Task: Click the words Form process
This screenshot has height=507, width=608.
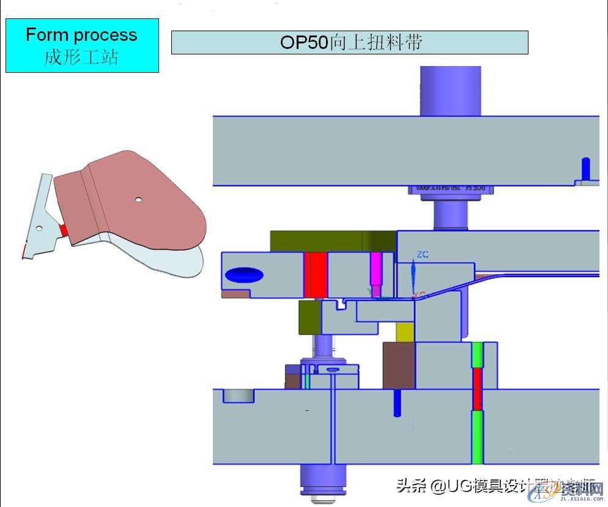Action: click(x=81, y=35)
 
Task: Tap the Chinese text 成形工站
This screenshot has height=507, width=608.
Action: click(x=81, y=57)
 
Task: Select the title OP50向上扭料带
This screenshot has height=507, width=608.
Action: click(x=349, y=42)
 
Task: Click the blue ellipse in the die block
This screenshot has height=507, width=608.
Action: click(x=245, y=275)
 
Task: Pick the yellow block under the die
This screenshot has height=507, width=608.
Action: click(x=405, y=331)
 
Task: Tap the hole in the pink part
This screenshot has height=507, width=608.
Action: click(x=139, y=199)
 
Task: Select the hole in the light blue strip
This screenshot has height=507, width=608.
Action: click(x=39, y=228)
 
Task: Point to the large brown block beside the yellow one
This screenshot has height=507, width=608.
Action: click(x=399, y=365)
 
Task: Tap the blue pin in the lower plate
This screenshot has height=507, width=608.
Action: click(x=398, y=402)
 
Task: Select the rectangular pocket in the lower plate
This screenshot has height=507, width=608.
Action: click(x=239, y=396)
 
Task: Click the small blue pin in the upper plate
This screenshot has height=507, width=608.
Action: click(x=585, y=168)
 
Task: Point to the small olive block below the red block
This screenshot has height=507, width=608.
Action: click(x=310, y=317)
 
